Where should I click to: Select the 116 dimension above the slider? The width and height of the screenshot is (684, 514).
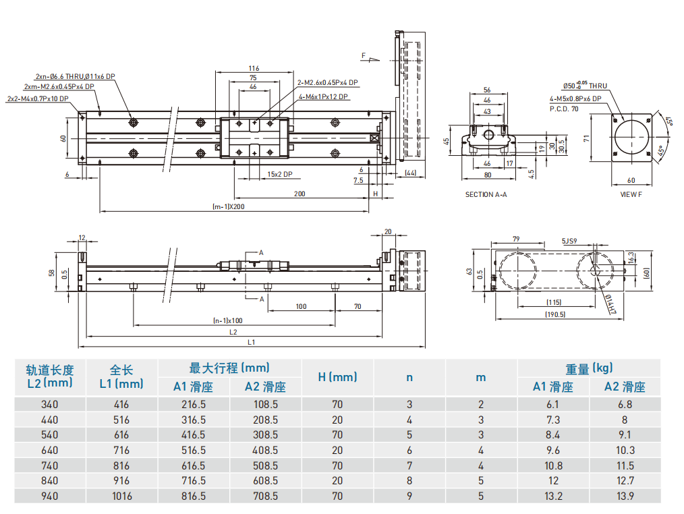click(x=254, y=68)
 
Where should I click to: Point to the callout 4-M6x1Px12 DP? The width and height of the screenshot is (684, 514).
click(x=323, y=96)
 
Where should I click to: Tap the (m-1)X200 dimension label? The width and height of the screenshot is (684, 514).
click(x=228, y=206)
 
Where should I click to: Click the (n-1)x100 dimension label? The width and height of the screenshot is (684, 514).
click(x=228, y=320)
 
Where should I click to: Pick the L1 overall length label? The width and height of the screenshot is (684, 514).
click(x=252, y=343)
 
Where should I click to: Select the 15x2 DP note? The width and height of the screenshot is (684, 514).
click(x=279, y=174)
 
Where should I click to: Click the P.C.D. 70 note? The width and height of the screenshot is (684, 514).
click(x=564, y=108)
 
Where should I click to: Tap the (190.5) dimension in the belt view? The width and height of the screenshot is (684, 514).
click(x=554, y=314)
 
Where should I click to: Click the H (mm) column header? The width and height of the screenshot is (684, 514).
click(x=337, y=377)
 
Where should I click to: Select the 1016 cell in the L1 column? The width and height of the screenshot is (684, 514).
click(x=121, y=496)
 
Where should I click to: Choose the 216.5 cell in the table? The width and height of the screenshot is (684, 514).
click(x=194, y=405)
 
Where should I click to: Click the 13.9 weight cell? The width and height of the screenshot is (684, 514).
click(x=625, y=496)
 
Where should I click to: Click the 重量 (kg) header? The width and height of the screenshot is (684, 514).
click(x=589, y=368)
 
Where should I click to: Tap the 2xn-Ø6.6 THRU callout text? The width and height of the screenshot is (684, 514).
click(x=76, y=76)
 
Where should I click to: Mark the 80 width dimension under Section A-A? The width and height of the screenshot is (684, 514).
click(x=487, y=175)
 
